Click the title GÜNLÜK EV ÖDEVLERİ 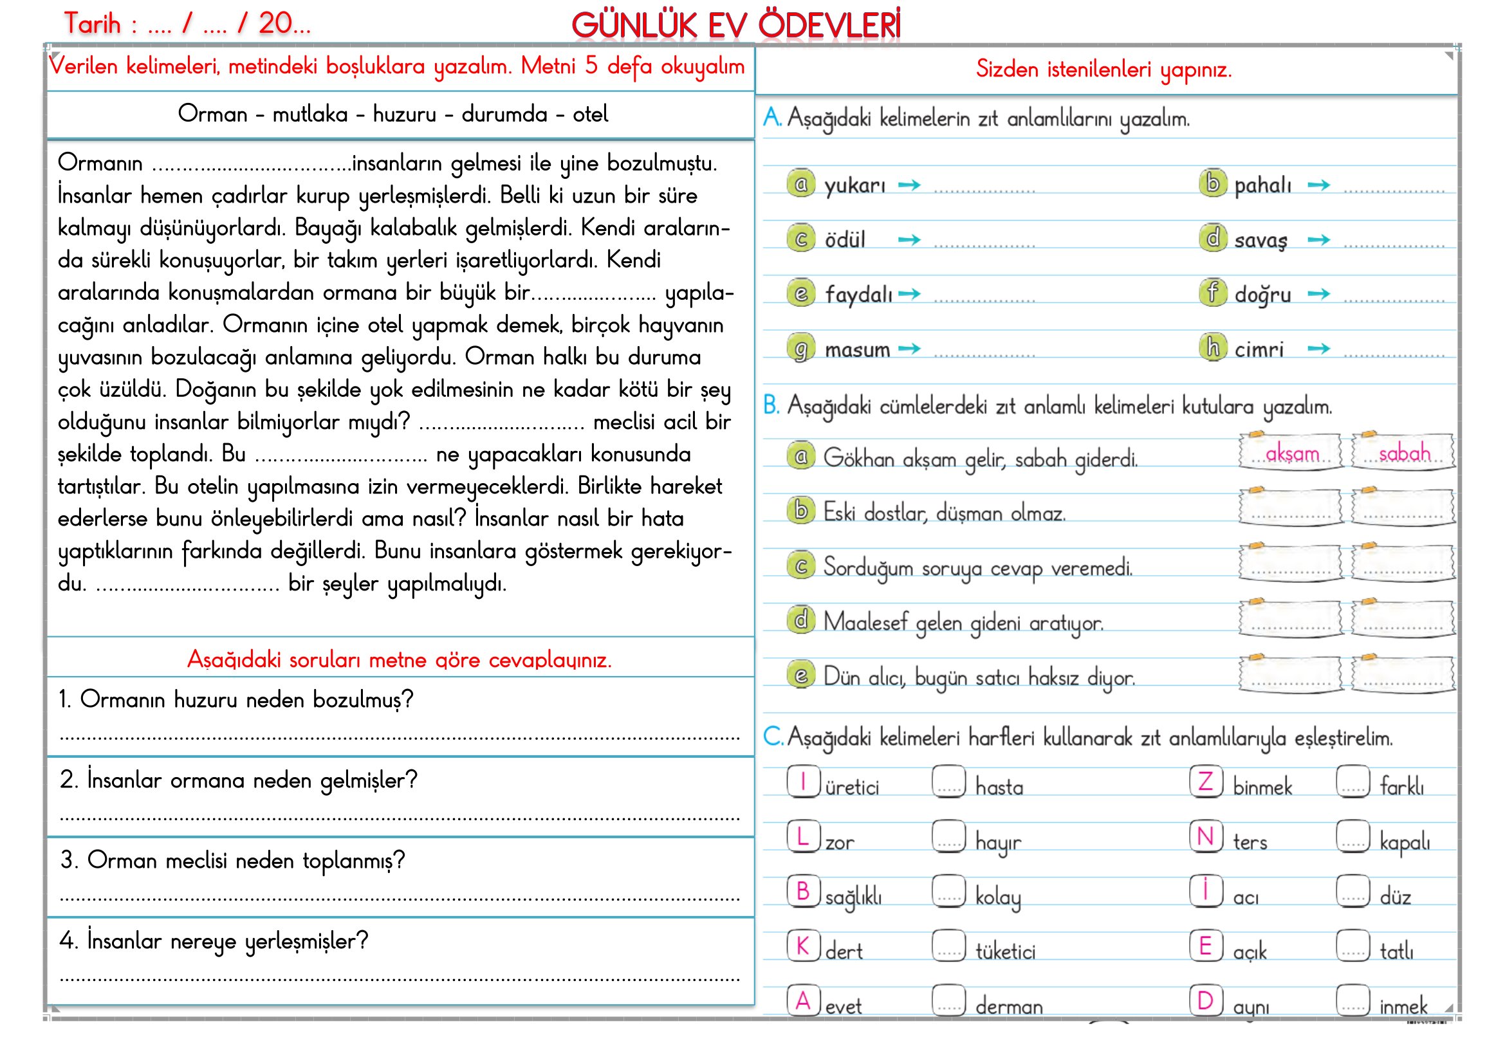[x=735, y=26]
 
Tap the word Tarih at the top [x=93, y=24]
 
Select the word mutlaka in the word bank [x=309, y=115]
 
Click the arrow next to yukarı [x=909, y=185]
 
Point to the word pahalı [x=1262, y=185]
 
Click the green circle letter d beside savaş [x=1213, y=238]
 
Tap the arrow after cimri [x=1318, y=349]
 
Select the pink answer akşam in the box [x=1291, y=453]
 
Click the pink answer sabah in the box [x=1404, y=453]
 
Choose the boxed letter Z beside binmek [x=1205, y=782]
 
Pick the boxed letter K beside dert [x=803, y=946]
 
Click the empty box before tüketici [x=948, y=946]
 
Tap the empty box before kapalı [x=1353, y=837]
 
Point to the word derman [x=1009, y=1005]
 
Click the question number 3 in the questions [x=66, y=860]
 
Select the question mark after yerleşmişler [x=362, y=941]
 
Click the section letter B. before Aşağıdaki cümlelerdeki [x=771, y=405]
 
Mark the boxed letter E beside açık [x=1205, y=946]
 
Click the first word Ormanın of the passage [x=100, y=163]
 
